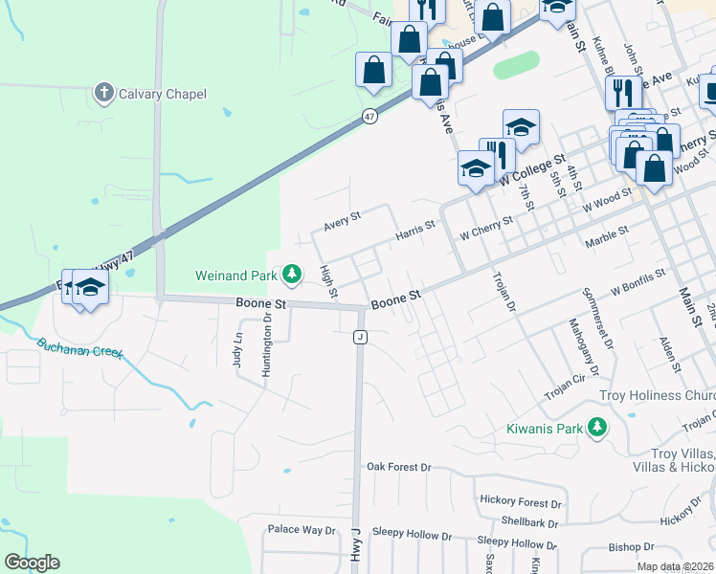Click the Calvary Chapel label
tap(162, 94)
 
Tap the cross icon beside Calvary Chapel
tap(104, 93)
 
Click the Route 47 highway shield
tap(369, 116)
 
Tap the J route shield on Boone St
tap(360, 337)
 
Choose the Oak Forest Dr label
tap(399, 467)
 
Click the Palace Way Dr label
tap(302, 529)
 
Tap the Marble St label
tap(607, 232)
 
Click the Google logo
tap(32, 563)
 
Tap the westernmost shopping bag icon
tap(373, 70)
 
